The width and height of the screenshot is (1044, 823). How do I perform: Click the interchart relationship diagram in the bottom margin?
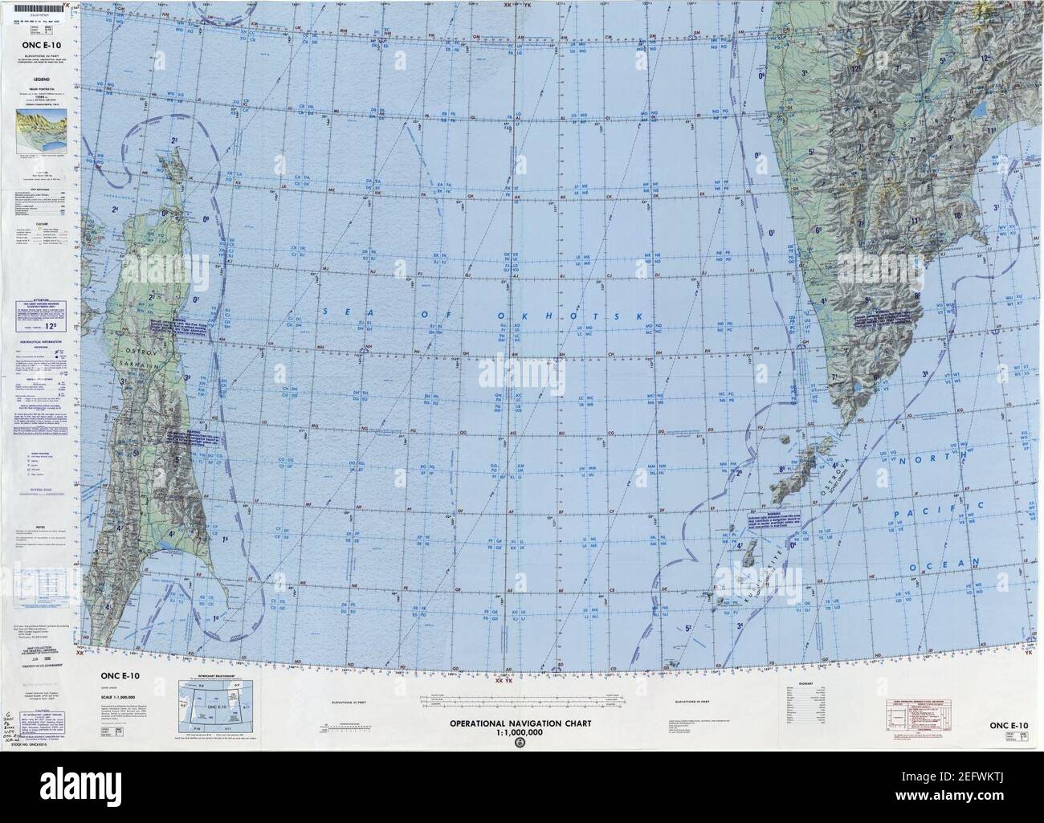click(x=210, y=706)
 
